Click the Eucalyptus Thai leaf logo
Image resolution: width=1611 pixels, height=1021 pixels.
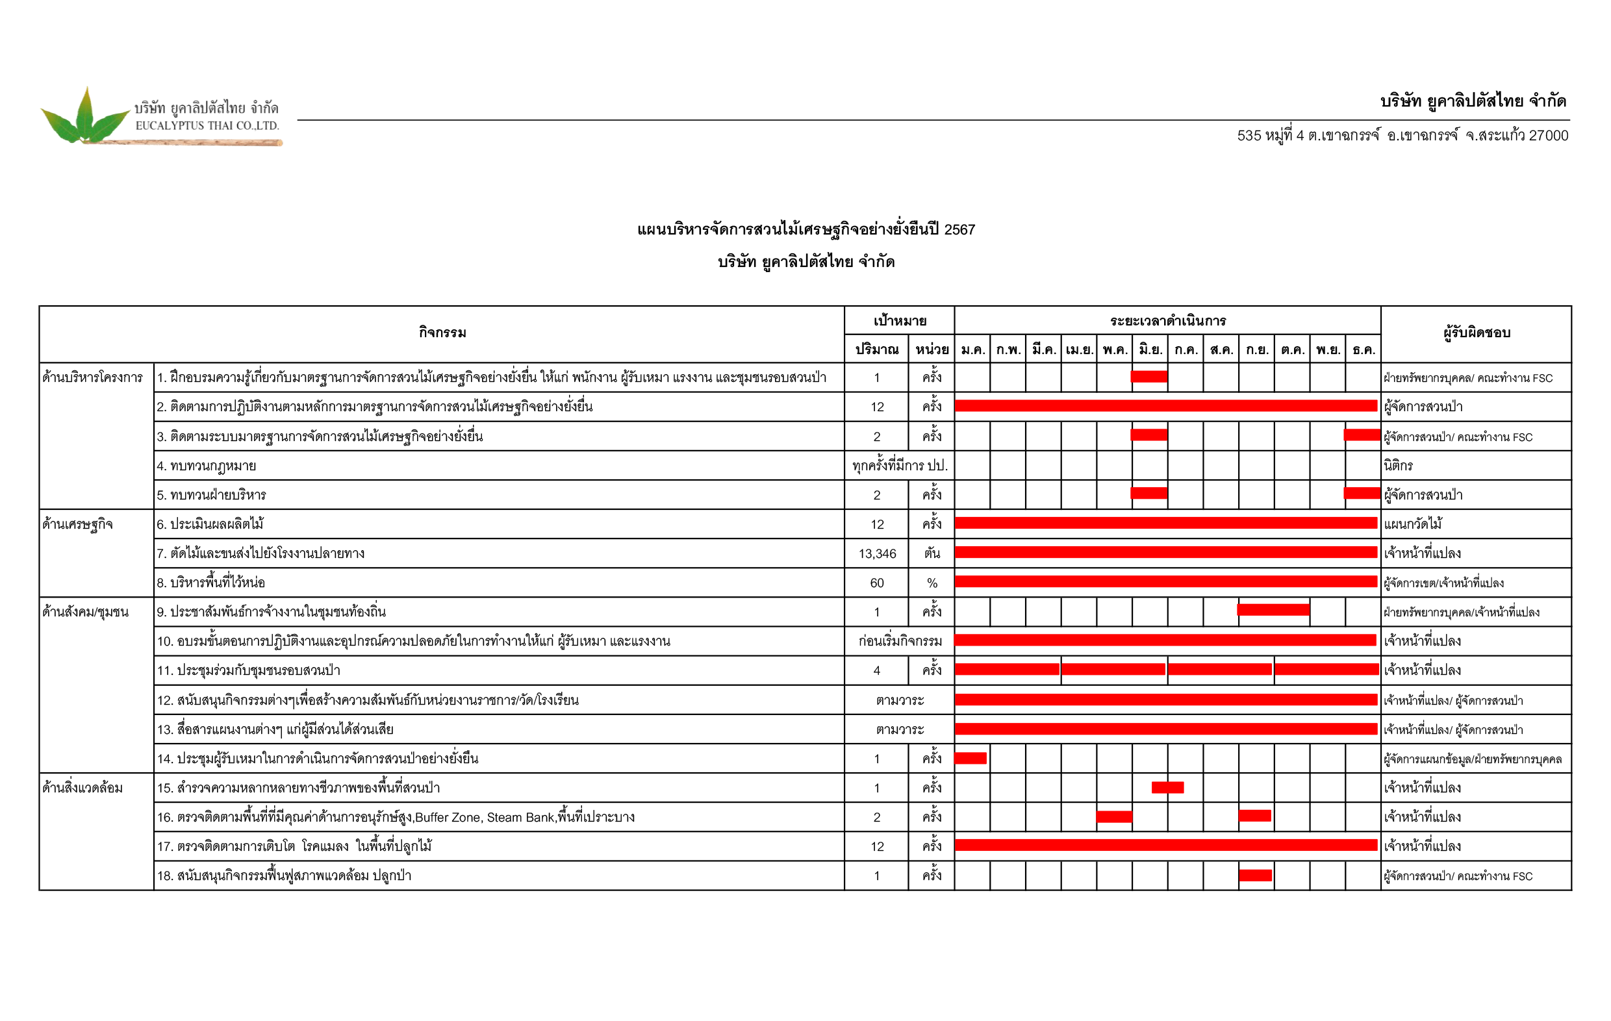tap(85, 117)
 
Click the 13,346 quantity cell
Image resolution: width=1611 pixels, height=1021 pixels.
tap(876, 553)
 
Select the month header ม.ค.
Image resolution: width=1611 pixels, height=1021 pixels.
tap(972, 349)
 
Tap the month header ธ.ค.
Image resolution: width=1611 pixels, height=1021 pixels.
tap(1363, 349)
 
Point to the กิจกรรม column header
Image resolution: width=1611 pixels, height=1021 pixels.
tap(442, 333)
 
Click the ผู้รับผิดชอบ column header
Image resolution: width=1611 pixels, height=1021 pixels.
tap(1476, 333)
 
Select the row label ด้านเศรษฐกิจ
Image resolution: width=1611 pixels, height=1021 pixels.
tap(77, 524)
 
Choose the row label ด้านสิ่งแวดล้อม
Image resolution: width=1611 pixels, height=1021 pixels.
tap(82, 787)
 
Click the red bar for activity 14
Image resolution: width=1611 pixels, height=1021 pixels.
tap(970, 758)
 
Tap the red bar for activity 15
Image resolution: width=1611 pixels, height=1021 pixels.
tap(1167, 787)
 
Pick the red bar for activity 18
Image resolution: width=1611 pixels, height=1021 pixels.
tap(1255, 875)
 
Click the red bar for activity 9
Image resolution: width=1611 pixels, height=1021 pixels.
tap(1273, 609)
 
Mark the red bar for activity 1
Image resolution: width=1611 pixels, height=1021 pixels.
tap(1148, 377)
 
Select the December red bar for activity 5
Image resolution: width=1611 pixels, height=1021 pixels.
tap(1362, 493)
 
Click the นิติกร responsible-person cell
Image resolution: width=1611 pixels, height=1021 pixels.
tap(1398, 466)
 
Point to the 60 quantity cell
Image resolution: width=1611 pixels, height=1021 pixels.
tap(876, 583)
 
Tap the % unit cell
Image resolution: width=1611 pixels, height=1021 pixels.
tap(932, 583)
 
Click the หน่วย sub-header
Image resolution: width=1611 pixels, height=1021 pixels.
tap(932, 349)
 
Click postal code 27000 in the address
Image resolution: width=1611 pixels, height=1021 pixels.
tap(1548, 136)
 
